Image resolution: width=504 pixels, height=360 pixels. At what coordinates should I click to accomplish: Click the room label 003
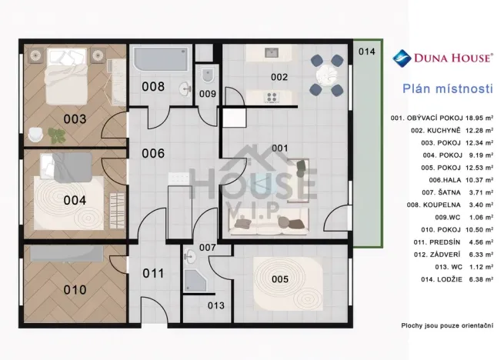click(x=75, y=119)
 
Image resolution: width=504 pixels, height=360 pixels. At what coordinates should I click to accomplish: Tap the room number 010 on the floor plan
click(x=75, y=289)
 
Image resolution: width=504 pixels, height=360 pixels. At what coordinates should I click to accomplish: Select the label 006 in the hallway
click(x=152, y=153)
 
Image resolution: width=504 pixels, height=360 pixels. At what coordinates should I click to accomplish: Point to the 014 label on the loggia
click(x=367, y=52)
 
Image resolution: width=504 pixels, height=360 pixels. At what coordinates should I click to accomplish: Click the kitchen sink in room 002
click(x=272, y=53)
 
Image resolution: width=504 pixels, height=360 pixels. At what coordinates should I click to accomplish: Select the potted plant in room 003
click(x=55, y=135)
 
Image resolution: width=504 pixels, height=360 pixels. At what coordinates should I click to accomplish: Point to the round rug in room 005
click(x=279, y=280)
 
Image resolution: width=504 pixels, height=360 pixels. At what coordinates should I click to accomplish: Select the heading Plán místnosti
click(x=447, y=88)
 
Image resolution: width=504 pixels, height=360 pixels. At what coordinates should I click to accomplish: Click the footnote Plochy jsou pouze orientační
click(x=447, y=325)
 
